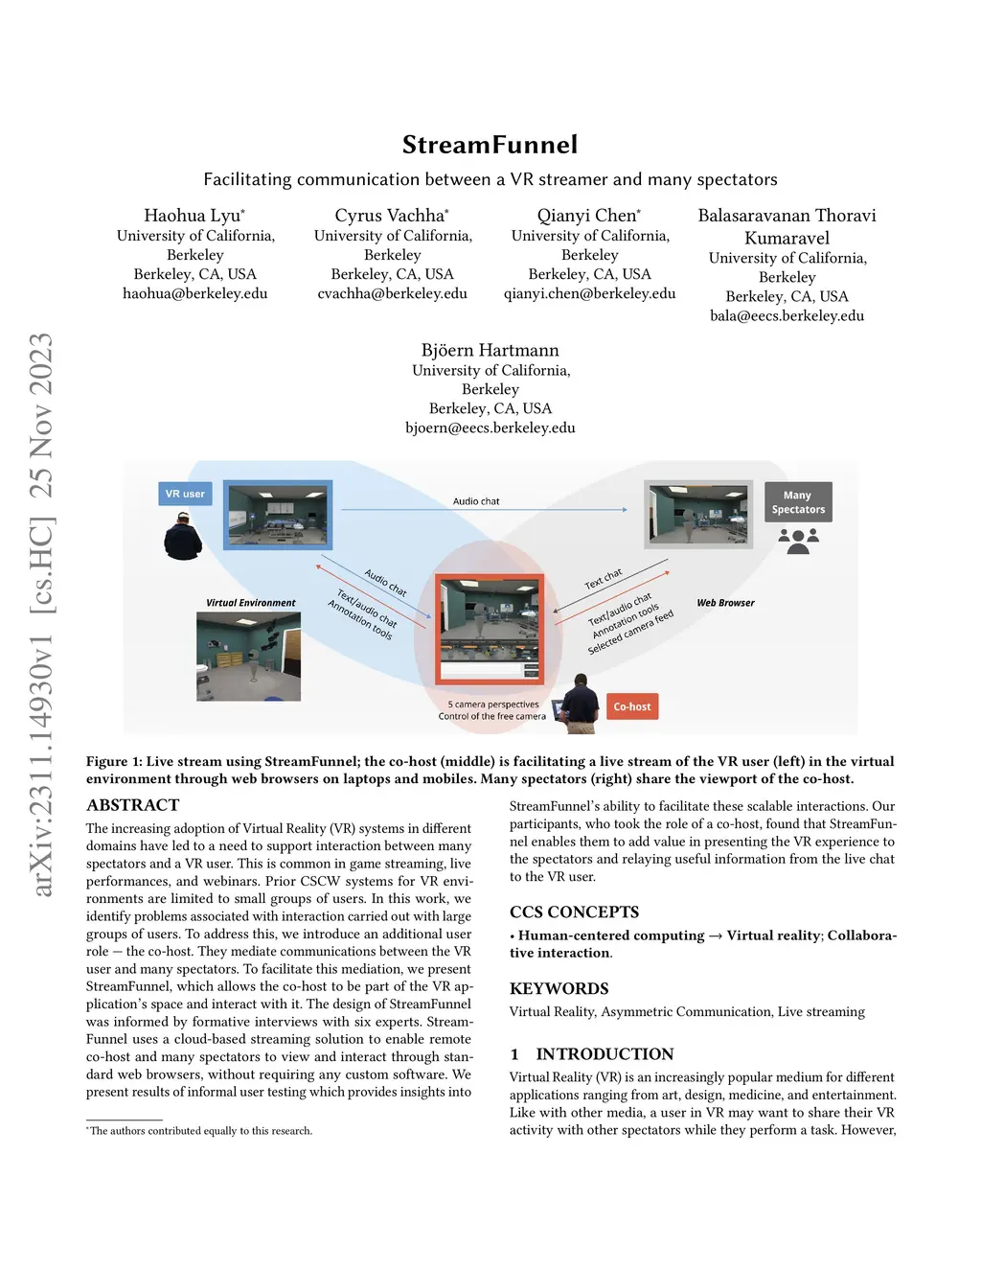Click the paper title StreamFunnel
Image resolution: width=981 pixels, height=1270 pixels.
tap(490, 145)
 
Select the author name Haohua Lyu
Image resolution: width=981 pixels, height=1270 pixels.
tap(194, 216)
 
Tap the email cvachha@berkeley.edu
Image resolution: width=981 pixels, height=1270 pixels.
tap(392, 293)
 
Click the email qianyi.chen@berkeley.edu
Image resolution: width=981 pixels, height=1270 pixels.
tap(589, 293)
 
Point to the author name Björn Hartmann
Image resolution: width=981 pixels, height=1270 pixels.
tap(490, 351)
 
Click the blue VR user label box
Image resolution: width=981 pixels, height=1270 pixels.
tap(185, 494)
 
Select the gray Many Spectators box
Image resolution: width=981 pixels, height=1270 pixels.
tap(798, 502)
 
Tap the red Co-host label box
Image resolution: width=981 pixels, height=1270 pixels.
tap(632, 706)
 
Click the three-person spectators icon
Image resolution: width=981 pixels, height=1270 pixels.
tap(798, 542)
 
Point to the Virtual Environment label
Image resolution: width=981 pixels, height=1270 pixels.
tap(251, 603)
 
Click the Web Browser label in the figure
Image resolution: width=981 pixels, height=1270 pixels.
tap(725, 603)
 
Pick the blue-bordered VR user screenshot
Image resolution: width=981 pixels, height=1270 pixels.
tap(278, 515)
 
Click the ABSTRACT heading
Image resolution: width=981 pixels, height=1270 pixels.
tap(133, 805)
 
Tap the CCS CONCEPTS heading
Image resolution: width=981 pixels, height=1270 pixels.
tap(574, 912)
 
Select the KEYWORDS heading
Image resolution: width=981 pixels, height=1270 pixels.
tap(559, 988)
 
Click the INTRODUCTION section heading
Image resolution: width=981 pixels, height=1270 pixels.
tap(604, 1054)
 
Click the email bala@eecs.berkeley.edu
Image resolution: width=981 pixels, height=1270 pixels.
tap(787, 315)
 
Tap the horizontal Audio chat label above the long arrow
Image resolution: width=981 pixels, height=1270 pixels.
tap(476, 501)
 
